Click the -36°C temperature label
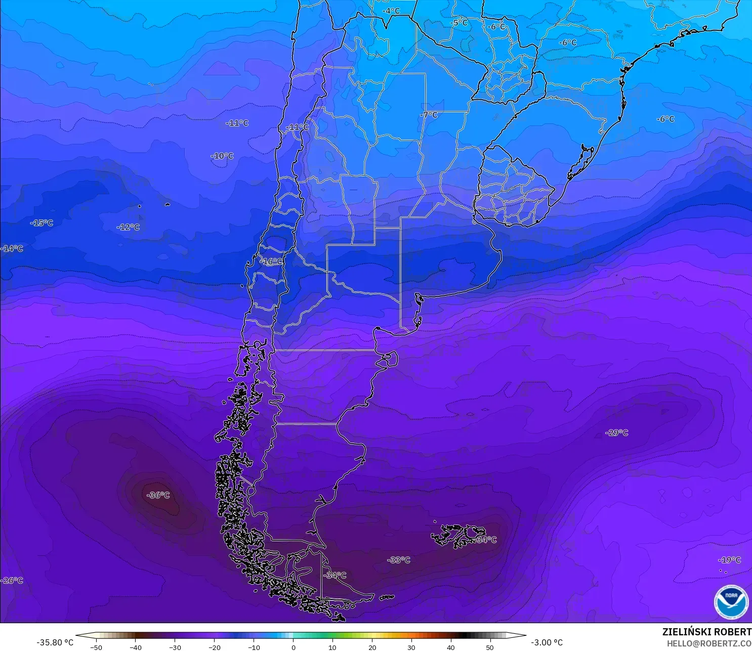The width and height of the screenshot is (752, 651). (158, 495)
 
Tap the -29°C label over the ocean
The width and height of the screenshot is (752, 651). (617, 433)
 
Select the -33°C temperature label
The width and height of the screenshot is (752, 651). (399, 560)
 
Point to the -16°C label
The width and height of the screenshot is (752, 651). (271, 262)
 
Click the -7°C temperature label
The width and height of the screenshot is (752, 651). (429, 115)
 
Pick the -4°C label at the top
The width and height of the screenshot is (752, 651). (391, 11)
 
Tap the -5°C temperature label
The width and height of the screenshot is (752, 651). (459, 23)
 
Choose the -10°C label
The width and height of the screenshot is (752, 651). (222, 156)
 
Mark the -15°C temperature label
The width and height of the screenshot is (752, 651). (41, 223)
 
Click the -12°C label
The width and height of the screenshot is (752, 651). (128, 227)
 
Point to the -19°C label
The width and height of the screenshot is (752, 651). (729, 560)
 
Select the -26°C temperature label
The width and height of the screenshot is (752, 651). (12, 580)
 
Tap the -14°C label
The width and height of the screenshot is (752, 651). (12, 248)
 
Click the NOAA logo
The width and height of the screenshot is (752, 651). (731, 602)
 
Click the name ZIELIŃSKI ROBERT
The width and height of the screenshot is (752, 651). (706, 632)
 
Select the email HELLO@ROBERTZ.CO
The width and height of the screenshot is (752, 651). (708, 643)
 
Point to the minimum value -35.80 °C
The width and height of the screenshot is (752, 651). (55, 642)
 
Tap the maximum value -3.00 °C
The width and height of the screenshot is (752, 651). (547, 642)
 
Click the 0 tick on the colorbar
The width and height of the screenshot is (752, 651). (293, 647)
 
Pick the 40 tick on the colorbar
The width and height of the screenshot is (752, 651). (451, 647)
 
